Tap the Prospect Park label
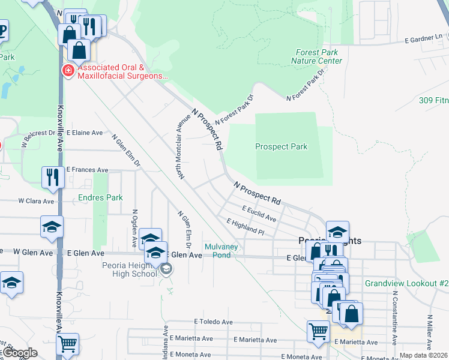click(281, 146)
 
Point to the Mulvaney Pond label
click(221, 251)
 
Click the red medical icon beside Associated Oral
click(68, 71)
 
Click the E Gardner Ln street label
click(425, 38)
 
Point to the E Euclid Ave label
click(259, 213)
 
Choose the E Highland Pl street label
click(245, 226)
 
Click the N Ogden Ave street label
click(134, 229)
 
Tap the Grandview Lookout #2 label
click(406, 283)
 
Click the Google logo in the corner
click(19, 353)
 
